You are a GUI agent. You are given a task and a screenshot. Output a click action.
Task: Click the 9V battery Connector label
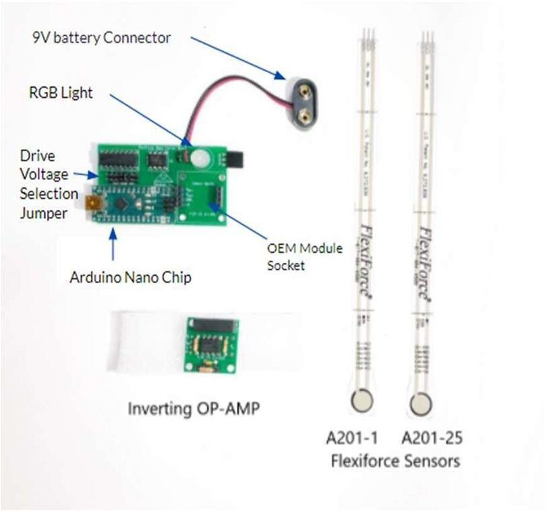[101, 37]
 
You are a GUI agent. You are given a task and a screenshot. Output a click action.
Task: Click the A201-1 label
[352, 439]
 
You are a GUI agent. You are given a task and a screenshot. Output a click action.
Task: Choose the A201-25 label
[432, 439]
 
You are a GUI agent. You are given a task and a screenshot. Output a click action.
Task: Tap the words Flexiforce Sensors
[395, 461]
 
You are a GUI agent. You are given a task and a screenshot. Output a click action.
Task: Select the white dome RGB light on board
[200, 158]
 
